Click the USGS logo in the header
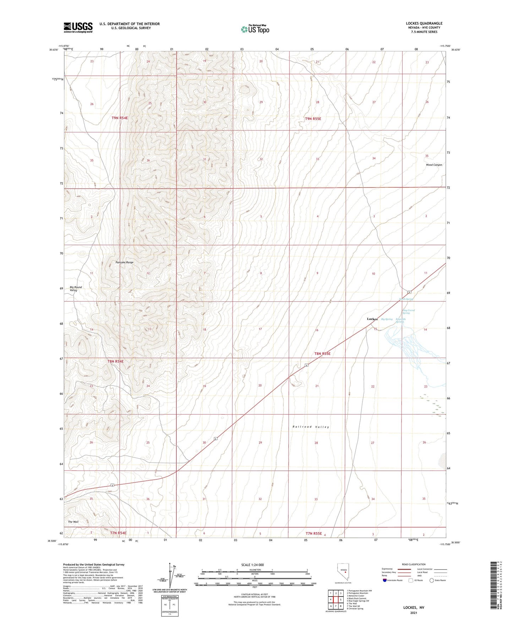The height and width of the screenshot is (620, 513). [78, 27]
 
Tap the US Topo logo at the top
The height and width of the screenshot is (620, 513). [255, 29]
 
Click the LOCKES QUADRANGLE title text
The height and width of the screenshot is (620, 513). [424, 23]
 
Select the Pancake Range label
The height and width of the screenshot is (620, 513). [125, 262]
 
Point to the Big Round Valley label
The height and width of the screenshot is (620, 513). [75, 288]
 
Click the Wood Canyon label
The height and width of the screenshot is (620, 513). [434, 165]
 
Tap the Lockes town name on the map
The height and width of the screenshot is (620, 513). [372, 319]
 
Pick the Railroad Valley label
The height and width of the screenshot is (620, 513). [311, 426]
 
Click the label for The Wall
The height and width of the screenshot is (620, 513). [73, 522]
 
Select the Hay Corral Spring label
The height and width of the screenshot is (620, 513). [408, 311]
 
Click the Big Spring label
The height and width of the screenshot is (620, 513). [387, 319]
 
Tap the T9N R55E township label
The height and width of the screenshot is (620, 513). [313, 119]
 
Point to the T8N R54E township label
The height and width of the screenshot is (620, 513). [115, 361]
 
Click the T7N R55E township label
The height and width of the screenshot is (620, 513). [313, 533]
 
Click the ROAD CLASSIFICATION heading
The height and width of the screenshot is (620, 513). [414, 564]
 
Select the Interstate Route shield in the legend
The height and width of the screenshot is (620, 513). [385, 580]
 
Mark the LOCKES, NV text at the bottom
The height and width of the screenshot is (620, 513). [414, 608]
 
